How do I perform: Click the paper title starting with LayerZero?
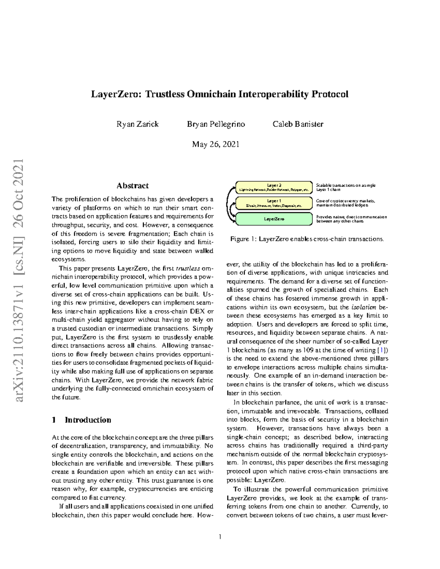click(x=220, y=95)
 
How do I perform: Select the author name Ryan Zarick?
click(x=137, y=124)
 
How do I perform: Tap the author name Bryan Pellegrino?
click(x=216, y=124)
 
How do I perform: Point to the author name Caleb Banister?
click(x=298, y=124)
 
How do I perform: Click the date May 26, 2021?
click(x=216, y=144)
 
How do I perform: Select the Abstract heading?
click(x=132, y=186)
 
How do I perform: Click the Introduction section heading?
click(x=88, y=420)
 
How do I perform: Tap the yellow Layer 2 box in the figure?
click(x=274, y=187)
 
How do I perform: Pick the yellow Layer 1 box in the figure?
click(x=274, y=203)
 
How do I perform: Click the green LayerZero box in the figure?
click(x=274, y=219)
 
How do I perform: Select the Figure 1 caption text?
click(x=307, y=239)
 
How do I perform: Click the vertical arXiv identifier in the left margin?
click(x=18, y=280)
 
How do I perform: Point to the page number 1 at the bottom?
click(x=220, y=537)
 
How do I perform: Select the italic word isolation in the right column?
click(x=364, y=307)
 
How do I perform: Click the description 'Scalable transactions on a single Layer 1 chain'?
click(x=345, y=188)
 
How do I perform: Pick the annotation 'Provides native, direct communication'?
click(x=351, y=217)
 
